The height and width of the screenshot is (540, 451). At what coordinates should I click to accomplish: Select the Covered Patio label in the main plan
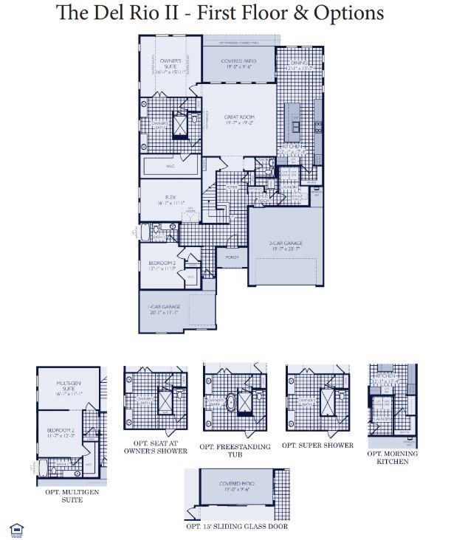(239, 63)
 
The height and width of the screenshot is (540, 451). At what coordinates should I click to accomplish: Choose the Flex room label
(171, 200)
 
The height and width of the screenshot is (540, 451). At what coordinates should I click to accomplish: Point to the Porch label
(231, 257)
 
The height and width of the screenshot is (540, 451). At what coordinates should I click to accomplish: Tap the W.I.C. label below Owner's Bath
(171, 167)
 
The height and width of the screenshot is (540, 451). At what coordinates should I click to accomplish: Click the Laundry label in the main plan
(289, 187)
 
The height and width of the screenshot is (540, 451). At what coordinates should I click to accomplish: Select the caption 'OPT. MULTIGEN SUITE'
(63, 495)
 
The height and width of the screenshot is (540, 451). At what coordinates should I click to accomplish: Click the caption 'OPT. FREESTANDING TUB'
(235, 451)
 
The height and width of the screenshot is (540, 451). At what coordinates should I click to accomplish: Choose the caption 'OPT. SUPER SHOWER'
(317, 446)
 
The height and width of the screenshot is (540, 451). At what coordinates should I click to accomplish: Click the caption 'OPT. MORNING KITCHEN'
(392, 457)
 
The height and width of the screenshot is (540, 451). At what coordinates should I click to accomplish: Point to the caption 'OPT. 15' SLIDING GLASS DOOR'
(237, 526)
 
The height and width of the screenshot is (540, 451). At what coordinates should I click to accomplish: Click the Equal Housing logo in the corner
(16, 528)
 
